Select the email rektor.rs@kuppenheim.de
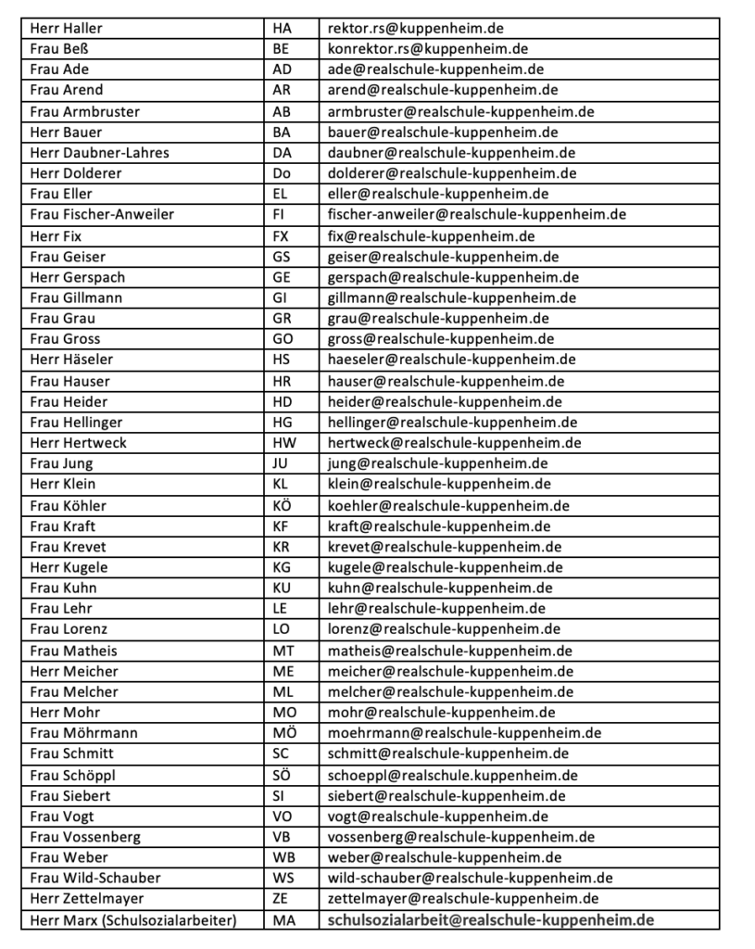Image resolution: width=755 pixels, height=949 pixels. (x=416, y=29)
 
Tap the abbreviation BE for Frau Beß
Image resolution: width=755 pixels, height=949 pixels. (x=282, y=49)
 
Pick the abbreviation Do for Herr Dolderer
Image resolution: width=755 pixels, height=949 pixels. (x=282, y=173)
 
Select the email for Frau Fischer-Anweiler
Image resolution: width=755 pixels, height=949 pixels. (x=477, y=215)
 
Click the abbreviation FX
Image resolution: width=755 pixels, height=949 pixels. (x=282, y=236)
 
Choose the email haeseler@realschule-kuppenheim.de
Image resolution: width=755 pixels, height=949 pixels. (x=452, y=360)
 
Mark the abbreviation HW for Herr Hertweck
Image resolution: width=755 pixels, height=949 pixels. (x=283, y=443)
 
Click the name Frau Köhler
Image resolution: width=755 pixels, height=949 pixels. (x=69, y=506)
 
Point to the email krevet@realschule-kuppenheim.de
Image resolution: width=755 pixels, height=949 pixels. (x=445, y=547)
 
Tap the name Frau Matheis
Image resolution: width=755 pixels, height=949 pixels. (x=74, y=651)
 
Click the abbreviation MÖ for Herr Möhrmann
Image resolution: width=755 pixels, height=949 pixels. (x=283, y=733)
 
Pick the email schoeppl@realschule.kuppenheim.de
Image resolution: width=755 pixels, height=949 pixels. (x=453, y=775)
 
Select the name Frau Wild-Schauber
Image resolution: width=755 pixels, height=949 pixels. (x=95, y=878)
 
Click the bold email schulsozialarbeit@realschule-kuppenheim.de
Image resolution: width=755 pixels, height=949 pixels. (x=491, y=920)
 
